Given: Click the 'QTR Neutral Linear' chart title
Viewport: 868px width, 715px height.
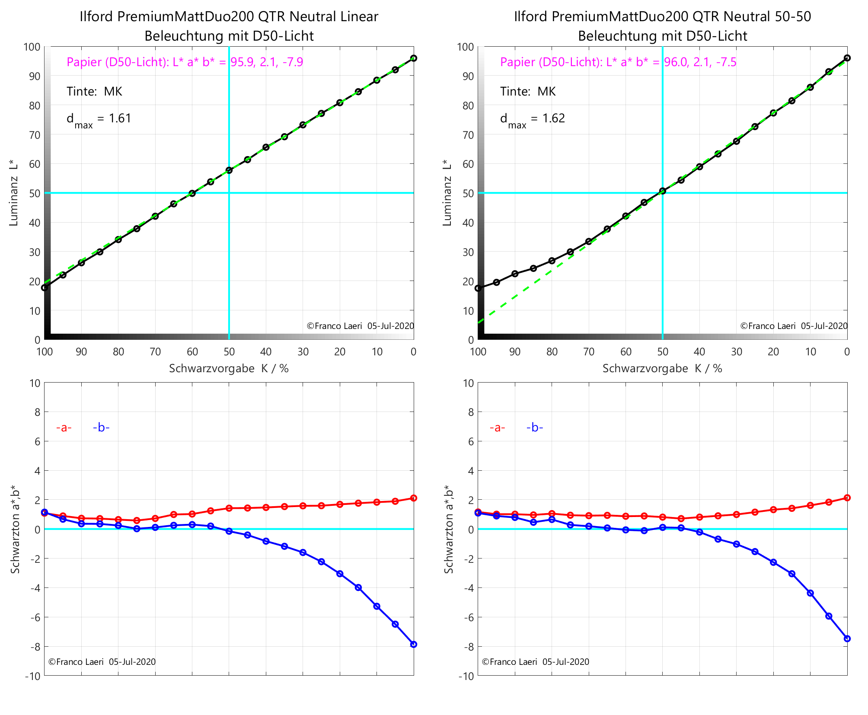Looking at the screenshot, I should click(229, 16).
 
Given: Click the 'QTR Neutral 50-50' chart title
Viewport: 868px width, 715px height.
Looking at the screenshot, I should click(662, 16).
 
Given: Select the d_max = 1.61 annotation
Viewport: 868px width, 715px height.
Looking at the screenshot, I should click(99, 118).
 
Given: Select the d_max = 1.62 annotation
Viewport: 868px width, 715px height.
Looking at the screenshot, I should click(532, 118).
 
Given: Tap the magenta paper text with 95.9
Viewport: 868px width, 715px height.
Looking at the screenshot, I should click(185, 62).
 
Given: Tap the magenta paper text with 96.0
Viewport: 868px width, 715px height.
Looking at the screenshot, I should click(618, 62).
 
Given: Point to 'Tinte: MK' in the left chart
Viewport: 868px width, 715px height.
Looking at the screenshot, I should click(94, 91).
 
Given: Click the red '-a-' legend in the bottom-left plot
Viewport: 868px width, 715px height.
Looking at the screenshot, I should click(64, 428).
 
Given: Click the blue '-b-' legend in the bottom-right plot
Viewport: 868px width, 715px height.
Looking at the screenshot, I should click(535, 428).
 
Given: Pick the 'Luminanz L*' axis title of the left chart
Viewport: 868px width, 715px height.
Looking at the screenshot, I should click(13, 193).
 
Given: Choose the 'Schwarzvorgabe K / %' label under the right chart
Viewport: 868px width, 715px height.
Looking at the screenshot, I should click(662, 368).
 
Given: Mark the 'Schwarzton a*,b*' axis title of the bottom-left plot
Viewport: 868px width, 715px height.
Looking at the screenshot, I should click(16, 529).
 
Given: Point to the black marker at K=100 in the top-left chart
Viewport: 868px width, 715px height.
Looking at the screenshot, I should click(45, 287).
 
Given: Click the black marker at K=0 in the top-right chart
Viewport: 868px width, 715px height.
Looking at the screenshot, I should click(847, 58).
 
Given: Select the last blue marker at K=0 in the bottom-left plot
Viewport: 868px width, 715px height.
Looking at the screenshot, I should click(414, 644).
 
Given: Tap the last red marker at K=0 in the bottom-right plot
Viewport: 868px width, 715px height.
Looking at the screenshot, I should click(847, 498).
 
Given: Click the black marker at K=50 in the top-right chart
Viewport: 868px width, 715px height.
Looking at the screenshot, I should click(662, 191).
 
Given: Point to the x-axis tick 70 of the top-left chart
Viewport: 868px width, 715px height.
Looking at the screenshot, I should click(155, 352).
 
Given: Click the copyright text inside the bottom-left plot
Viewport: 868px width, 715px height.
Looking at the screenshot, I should click(102, 662).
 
